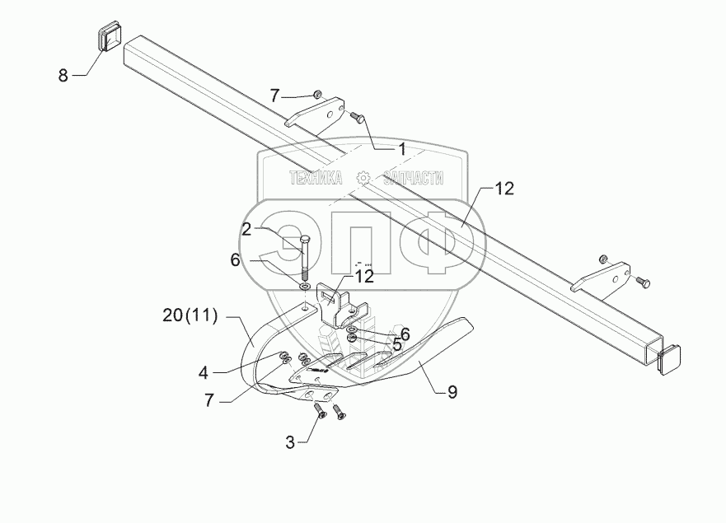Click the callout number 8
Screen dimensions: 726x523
(x=63, y=76)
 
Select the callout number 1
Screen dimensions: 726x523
(x=401, y=149)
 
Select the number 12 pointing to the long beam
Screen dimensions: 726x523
(x=504, y=189)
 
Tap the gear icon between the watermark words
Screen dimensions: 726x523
(x=363, y=178)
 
